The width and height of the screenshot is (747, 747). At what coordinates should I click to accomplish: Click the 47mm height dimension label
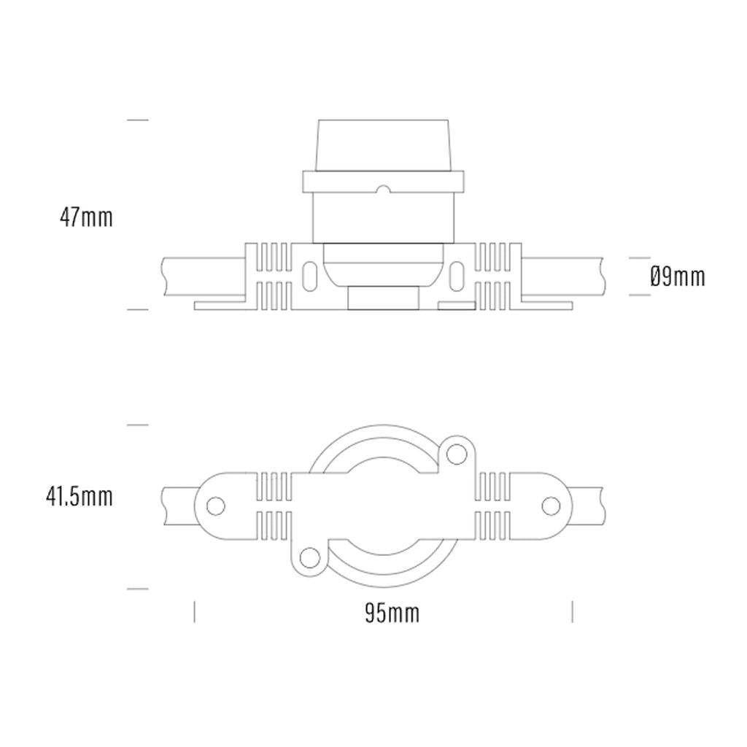tap(87, 217)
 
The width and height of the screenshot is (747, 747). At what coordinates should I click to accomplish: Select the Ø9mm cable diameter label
tap(677, 276)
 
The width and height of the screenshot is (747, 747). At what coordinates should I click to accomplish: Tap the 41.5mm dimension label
tap(79, 497)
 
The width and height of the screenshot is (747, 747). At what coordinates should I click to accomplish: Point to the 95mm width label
tap(392, 614)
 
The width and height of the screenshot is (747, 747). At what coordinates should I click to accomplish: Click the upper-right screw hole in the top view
tap(457, 454)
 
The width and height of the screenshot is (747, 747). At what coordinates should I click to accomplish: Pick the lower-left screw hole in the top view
tap(310, 558)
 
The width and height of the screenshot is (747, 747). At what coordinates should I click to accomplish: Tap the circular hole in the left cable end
tap(214, 505)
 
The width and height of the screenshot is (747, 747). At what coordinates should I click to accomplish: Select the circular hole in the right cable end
tap(551, 505)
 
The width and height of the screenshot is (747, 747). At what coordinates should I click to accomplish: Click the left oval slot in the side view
tap(310, 276)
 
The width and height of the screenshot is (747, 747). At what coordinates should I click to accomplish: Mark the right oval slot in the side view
tap(457, 276)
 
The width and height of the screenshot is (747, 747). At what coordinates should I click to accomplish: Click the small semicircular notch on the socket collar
tap(383, 190)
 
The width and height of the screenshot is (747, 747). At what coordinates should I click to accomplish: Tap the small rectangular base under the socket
tap(383, 298)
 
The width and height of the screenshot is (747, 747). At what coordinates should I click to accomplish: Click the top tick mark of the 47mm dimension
tap(138, 120)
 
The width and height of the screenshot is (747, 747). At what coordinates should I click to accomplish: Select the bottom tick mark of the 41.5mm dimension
tap(138, 588)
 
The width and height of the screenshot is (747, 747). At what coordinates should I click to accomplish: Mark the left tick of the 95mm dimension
tap(194, 611)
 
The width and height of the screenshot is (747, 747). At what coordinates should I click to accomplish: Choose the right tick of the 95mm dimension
tap(573, 611)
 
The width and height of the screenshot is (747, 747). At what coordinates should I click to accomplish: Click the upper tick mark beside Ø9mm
tap(639, 258)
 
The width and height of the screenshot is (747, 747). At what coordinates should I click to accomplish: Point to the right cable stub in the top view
tap(587, 505)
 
